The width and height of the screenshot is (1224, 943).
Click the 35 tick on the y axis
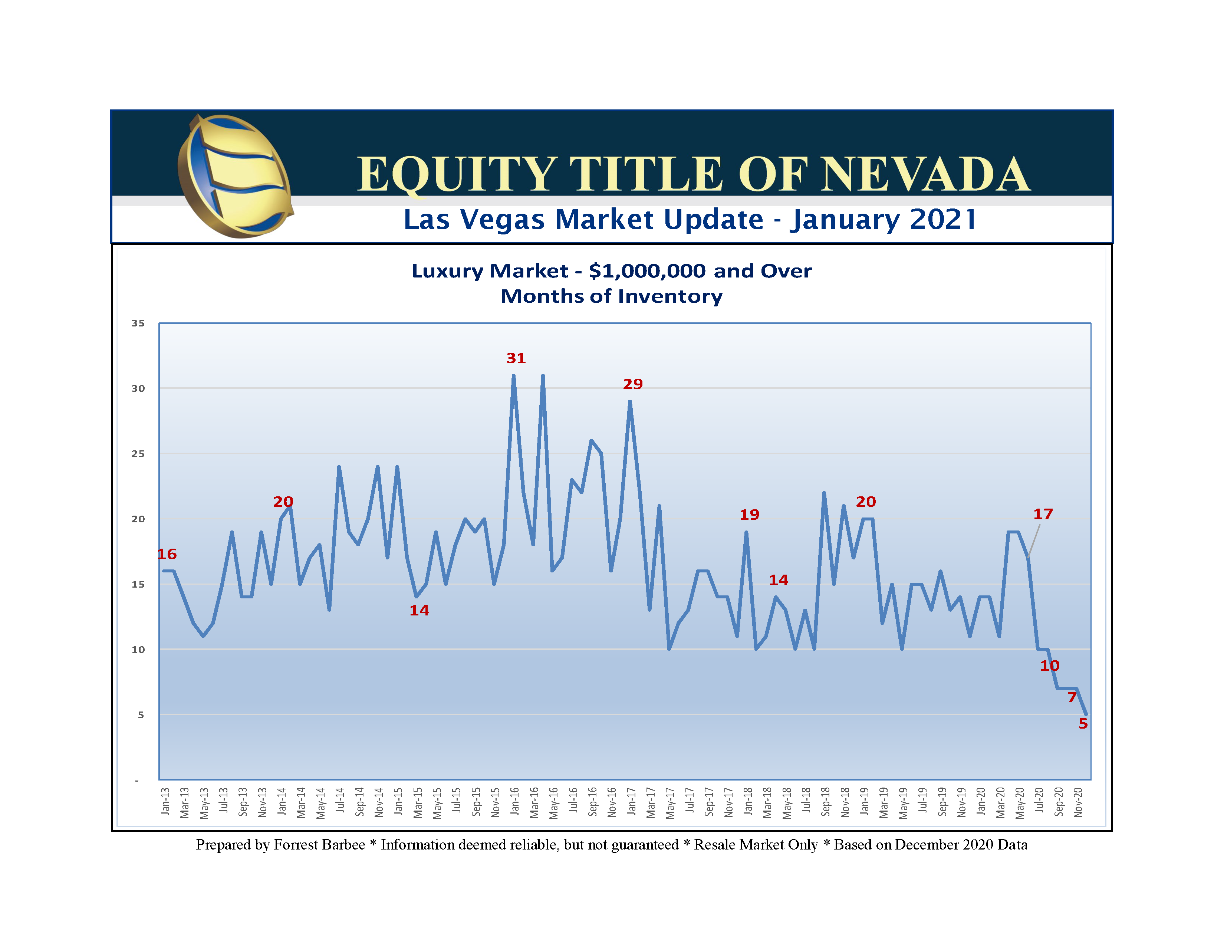pos(138,323)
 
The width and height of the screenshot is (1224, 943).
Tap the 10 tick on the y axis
pos(138,650)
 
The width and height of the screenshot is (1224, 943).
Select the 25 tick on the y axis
pos(138,454)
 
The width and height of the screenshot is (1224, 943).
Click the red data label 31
pos(516,358)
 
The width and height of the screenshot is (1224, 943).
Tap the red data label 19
pos(749,515)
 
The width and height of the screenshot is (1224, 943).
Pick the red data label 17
pos(1043,514)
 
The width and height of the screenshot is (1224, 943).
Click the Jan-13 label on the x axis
pos(165,802)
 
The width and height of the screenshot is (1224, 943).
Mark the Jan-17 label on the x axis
pos(632,802)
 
